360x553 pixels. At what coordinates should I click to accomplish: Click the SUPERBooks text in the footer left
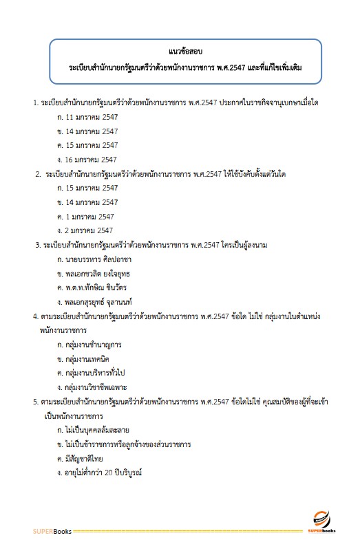coord(52,532)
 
